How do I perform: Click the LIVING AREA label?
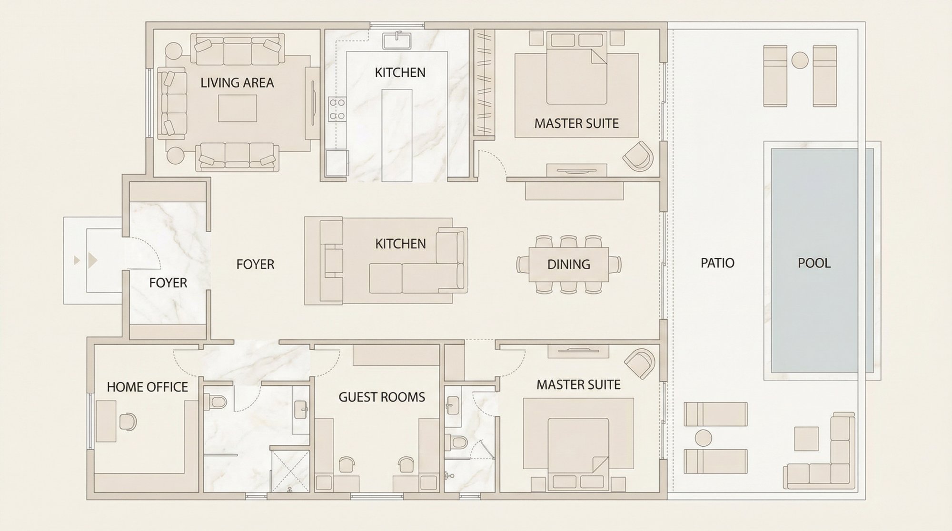tap(237, 83)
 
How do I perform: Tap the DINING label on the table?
tap(569, 264)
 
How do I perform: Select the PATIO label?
tap(717, 263)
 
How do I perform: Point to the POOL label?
tap(814, 263)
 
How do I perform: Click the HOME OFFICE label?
tap(147, 387)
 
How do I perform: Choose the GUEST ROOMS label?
tap(382, 397)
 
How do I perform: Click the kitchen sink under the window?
tap(397, 40)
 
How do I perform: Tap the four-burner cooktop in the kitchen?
tap(337, 109)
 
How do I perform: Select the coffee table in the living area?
tap(238, 108)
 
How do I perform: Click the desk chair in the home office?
tap(128, 422)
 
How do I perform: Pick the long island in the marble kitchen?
tap(397, 135)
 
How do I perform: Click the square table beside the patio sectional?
tap(806, 438)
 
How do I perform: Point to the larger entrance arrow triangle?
tap(93, 260)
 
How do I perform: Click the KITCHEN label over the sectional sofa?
tap(400, 244)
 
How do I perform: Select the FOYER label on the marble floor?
tap(168, 283)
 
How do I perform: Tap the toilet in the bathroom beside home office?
tap(217, 402)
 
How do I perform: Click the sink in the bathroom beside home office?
tap(301, 410)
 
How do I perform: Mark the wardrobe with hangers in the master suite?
tap(484, 83)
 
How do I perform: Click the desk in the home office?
tap(106, 421)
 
